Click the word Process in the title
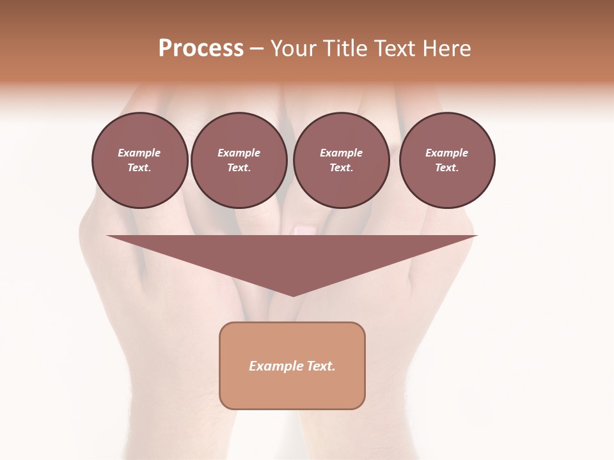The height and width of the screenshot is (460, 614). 201,49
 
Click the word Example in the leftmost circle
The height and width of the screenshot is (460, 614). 139,153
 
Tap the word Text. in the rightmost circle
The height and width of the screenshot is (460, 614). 447,167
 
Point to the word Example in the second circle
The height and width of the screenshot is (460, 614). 239,153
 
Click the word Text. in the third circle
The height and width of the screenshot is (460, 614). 342,167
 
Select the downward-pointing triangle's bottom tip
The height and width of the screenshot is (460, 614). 293,295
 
